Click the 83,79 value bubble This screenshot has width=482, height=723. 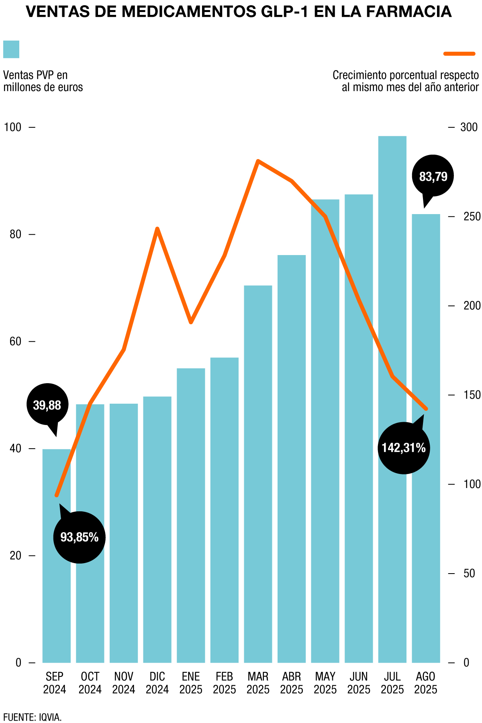coord(433,176)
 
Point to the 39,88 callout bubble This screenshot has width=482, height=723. coord(47,405)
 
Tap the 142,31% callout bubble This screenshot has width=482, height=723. coord(404,447)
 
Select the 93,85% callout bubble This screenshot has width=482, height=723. coord(79,537)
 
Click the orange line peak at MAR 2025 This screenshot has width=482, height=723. coord(258,161)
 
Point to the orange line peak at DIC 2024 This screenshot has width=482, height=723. coord(157,229)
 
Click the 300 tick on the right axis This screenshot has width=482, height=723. coord(469,127)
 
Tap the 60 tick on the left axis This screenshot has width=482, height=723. coord(15,341)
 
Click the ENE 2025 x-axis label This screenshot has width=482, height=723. coord(191,682)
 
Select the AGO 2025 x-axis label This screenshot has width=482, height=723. coord(425,682)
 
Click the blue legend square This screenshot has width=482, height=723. coord(11,49)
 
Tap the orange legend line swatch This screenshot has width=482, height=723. coord(459,53)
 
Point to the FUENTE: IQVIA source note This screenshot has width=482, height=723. coord(33,717)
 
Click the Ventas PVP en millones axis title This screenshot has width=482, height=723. coord(43,81)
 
